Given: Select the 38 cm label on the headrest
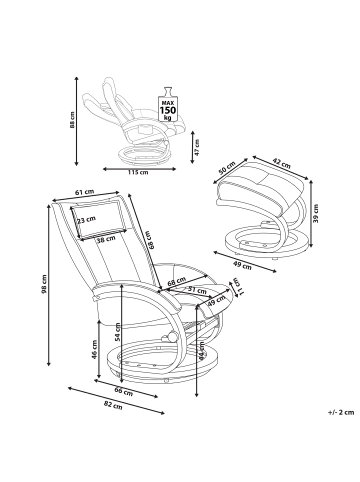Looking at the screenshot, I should (x=102, y=240).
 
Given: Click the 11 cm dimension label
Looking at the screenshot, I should (x=236, y=289).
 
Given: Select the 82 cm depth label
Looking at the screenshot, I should (x=115, y=406).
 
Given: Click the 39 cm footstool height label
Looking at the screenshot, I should (x=315, y=210).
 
